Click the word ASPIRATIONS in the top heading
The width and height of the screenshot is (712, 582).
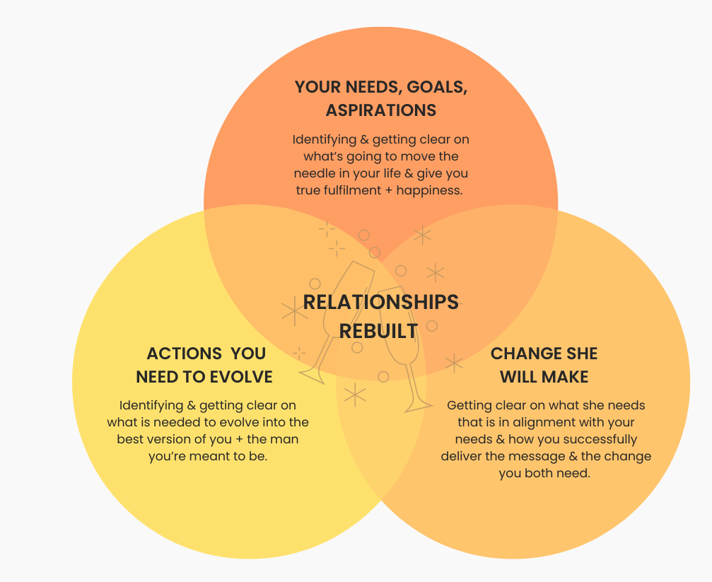click(381, 110)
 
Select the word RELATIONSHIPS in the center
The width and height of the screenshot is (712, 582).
click(381, 302)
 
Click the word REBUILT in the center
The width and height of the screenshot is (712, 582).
click(378, 330)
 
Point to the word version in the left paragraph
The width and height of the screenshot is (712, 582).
click(187, 439)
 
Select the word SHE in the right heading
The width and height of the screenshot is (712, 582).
click(582, 354)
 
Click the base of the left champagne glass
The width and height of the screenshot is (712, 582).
click(311, 371)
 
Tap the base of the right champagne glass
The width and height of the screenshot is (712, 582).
click(417, 407)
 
